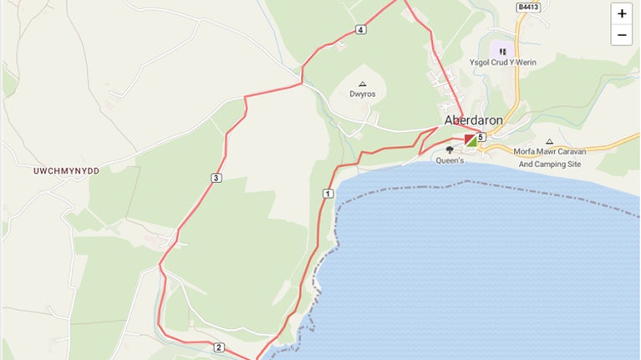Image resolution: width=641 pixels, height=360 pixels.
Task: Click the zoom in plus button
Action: [x=622, y=14]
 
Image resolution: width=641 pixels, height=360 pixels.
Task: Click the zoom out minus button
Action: [x=622, y=35]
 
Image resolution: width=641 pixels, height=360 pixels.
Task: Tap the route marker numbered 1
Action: [x=328, y=194]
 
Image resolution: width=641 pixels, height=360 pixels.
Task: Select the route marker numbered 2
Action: [x=218, y=347]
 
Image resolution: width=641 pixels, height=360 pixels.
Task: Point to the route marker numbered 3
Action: [x=216, y=177]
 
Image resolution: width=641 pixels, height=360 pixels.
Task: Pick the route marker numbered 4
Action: [x=360, y=30]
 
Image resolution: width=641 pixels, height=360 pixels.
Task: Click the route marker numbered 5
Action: [x=481, y=137]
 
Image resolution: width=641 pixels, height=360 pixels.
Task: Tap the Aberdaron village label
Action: [x=474, y=120]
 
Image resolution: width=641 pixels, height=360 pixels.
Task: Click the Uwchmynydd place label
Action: [x=66, y=170]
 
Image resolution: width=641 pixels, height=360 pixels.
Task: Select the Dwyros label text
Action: [x=363, y=94]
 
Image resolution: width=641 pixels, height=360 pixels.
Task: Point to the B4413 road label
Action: [x=527, y=7]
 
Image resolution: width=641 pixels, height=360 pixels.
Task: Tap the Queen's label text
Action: [x=450, y=160]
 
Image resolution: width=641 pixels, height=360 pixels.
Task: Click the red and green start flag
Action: [x=471, y=139]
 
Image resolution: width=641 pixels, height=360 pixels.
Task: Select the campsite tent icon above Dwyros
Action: [x=363, y=84]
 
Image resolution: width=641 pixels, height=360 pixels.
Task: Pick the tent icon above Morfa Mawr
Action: [x=549, y=141]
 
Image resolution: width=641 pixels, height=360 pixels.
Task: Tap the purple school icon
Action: [x=502, y=51]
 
